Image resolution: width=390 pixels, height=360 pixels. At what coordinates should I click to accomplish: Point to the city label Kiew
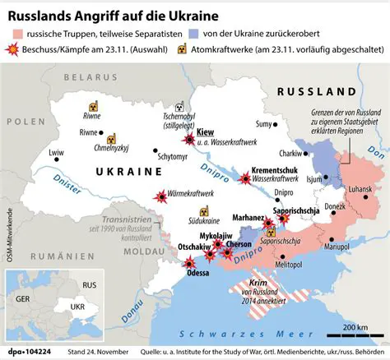coord(207,132)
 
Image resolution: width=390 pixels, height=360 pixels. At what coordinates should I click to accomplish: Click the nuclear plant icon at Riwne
coord(94,107)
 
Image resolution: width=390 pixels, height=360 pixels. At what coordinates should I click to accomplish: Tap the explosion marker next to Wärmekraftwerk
coord(160,196)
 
